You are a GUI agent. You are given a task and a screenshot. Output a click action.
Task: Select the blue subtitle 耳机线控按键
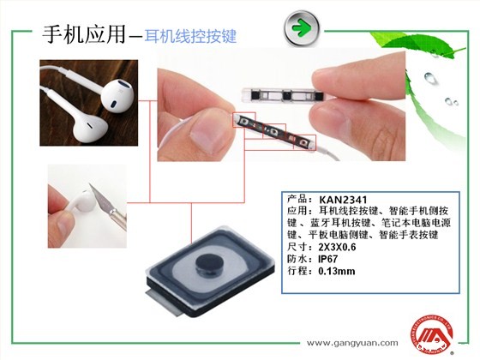tap(190, 36)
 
